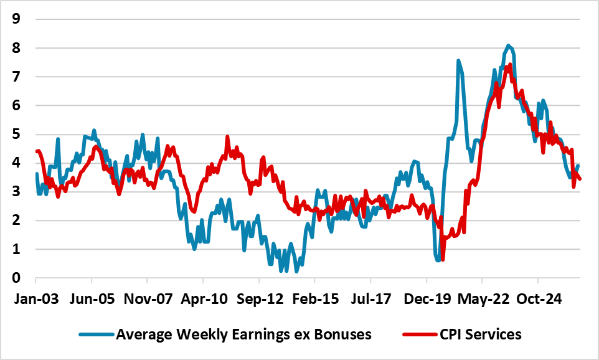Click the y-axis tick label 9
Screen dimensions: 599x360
coord(16,19)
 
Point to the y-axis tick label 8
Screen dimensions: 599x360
coord(16,48)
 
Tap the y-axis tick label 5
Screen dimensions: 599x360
coord(16,134)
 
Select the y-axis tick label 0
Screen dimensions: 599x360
coord(16,278)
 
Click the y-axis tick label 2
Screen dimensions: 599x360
coord(16,220)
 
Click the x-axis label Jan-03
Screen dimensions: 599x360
coord(36,299)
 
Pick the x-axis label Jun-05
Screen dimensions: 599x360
coord(92,299)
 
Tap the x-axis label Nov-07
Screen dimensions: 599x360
coord(148,299)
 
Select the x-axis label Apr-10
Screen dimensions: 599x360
coord(204,299)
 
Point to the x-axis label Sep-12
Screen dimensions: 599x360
coord(260,299)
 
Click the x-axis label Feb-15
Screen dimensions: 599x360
coord(316,299)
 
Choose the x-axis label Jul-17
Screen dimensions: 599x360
coord(371,299)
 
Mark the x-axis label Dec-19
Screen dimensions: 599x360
coord(428,299)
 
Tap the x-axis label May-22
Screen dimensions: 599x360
coord(484,299)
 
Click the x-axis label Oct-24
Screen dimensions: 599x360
coord(539,299)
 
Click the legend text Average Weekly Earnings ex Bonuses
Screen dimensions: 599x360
coord(243,334)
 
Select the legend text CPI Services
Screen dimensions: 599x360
coord(481,334)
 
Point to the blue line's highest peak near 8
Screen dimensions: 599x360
coord(508,45)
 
